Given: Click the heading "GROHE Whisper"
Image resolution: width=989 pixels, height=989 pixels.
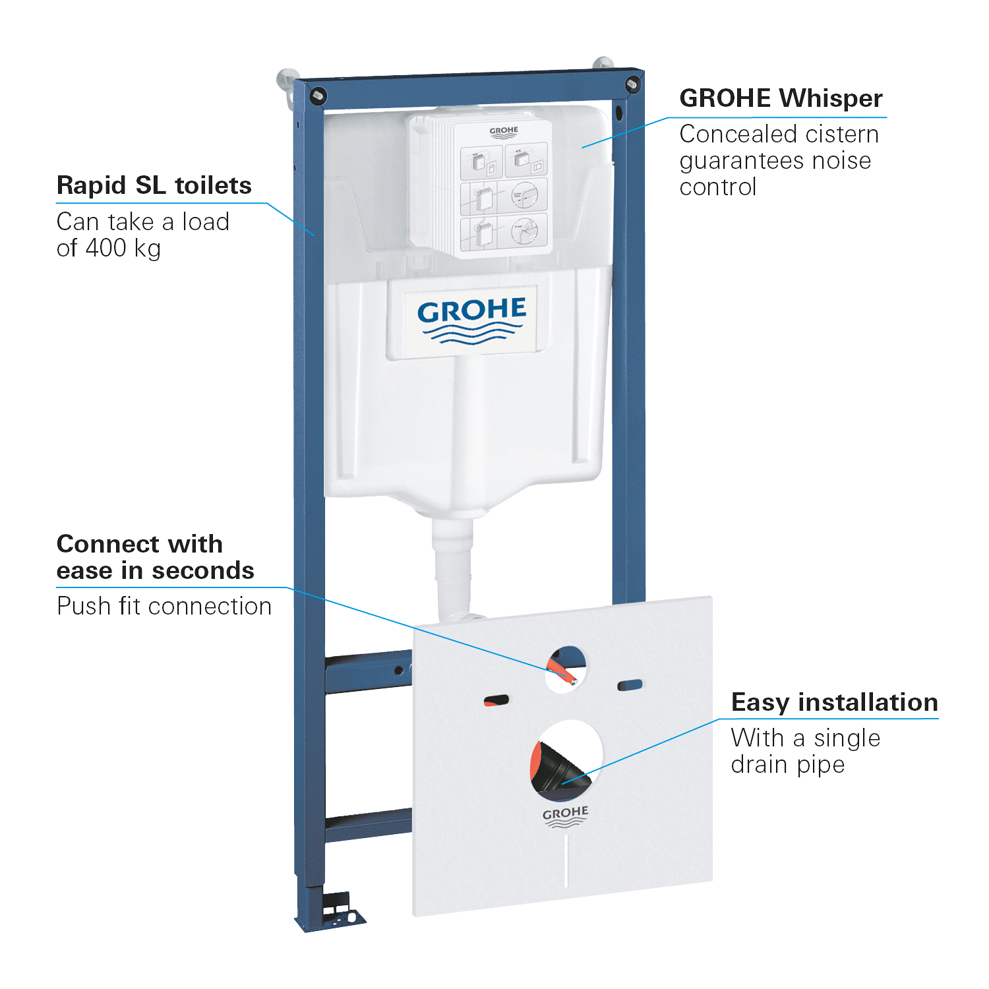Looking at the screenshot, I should pyautogui.click(x=781, y=98).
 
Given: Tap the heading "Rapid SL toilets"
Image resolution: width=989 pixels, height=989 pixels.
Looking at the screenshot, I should pyautogui.click(x=154, y=185).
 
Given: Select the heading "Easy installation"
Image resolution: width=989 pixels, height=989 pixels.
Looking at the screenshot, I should pyautogui.click(x=834, y=702).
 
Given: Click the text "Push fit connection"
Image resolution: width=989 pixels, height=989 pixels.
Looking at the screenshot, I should pyautogui.click(x=164, y=606).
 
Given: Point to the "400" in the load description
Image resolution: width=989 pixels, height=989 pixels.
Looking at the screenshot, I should pyautogui.click(x=106, y=248).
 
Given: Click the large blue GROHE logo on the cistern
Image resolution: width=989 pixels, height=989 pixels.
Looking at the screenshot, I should pyautogui.click(x=471, y=320).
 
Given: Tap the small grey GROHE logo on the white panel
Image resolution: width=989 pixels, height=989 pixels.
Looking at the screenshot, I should pyautogui.click(x=565, y=816).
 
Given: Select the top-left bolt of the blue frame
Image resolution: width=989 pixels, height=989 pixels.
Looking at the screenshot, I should pyautogui.click(x=318, y=95).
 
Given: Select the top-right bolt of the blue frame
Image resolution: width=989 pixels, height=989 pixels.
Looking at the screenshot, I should pyautogui.click(x=632, y=84).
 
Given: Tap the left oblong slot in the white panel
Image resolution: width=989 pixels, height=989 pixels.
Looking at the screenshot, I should pyautogui.click(x=496, y=700).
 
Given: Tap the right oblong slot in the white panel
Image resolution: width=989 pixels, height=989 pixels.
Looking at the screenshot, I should pyautogui.click(x=630, y=686).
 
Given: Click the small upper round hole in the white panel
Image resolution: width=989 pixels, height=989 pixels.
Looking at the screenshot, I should pyautogui.click(x=566, y=669).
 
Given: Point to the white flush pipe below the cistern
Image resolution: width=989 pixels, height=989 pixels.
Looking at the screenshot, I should pyautogui.click(x=453, y=567).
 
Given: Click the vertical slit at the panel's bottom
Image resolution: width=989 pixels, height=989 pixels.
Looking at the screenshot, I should pyautogui.click(x=566, y=860).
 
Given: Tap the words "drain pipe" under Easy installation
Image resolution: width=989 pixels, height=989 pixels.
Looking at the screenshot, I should pyautogui.click(x=787, y=765).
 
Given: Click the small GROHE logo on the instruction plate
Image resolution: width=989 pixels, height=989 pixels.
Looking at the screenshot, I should pyautogui.click(x=504, y=132).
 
